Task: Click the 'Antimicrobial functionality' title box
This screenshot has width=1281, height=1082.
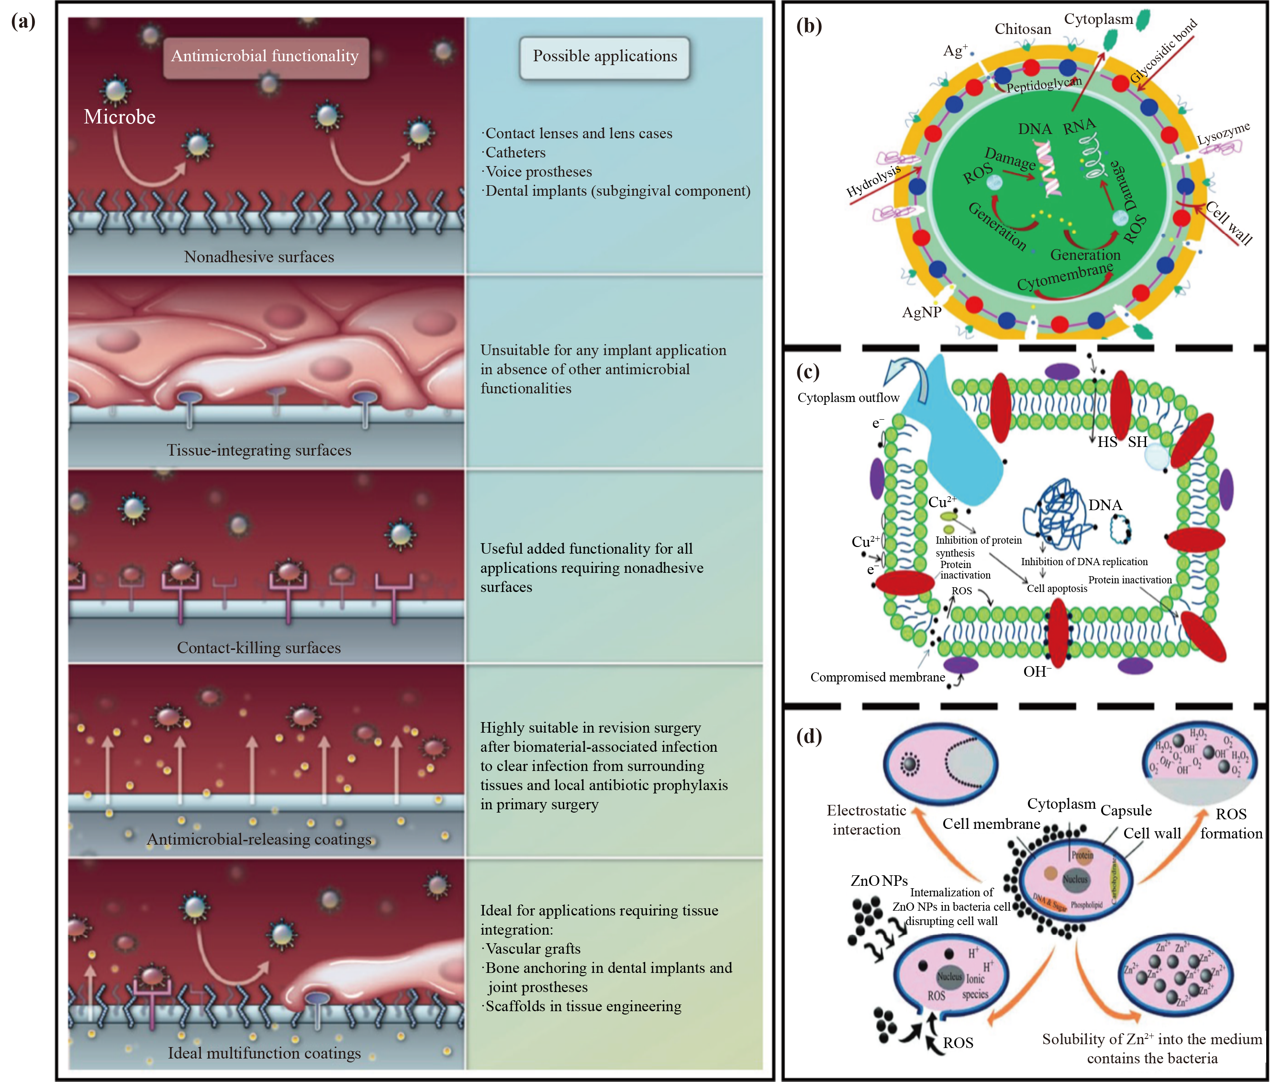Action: (265, 56)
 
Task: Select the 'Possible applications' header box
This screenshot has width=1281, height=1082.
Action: (605, 56)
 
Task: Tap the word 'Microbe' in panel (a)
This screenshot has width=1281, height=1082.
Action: (120, 117)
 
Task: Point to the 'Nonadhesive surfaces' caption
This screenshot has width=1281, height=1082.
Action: (259, 257)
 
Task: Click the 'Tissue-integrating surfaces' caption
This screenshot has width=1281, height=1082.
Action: (259, 450)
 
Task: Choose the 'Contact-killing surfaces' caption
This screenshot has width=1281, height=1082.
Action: (259, 648)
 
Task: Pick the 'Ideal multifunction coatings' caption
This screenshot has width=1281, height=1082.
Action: (264, 1053)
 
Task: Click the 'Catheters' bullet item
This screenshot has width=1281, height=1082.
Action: (514, 153)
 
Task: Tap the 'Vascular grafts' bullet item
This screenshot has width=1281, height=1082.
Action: (532, 949)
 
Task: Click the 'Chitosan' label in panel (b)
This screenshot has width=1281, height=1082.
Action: (1022, 29)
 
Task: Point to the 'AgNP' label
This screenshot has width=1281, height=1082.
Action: (921, 313)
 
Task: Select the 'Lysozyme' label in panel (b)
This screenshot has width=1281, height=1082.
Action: (1224, 133)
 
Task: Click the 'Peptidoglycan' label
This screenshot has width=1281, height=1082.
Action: (1044, 85)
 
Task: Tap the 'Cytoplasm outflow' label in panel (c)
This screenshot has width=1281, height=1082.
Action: (848, 398)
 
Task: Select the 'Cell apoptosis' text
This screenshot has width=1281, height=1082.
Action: (1057, 588)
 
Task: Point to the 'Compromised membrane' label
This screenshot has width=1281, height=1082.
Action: (878, 677)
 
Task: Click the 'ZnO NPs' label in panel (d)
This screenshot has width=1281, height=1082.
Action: (879, 881)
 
